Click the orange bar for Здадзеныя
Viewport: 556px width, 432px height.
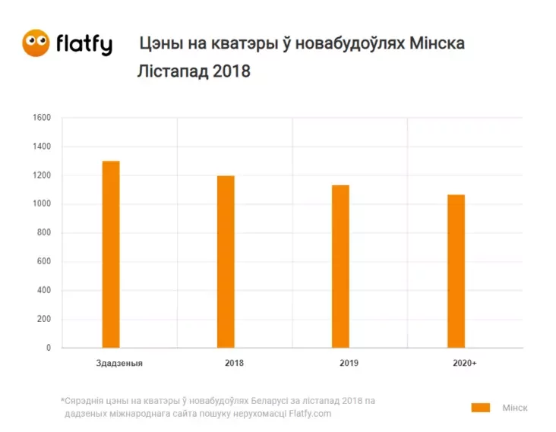coord(111,254)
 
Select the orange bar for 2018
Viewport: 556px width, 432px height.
coord(226,262)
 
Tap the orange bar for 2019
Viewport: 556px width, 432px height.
coord(340,266)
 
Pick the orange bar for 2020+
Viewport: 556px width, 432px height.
coord(456,271)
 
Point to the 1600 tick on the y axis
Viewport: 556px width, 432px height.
coord(42,118)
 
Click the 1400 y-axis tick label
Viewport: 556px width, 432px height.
coord(42,147)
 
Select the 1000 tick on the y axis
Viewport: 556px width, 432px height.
coord(42,204)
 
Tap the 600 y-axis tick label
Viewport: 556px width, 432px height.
coord(44,262)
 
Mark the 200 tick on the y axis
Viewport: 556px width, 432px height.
coord(44,320)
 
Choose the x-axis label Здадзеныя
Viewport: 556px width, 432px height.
coord(120,363)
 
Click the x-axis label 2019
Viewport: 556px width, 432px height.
coord(349,363)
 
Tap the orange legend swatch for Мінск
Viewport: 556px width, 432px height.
coord(480,408)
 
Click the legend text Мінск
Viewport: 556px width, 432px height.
coord(514,408)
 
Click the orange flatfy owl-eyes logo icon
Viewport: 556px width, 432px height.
coord(36,43)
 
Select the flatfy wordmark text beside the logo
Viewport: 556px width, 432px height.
coord(84,44)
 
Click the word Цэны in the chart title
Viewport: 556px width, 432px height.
coord(160,43)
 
